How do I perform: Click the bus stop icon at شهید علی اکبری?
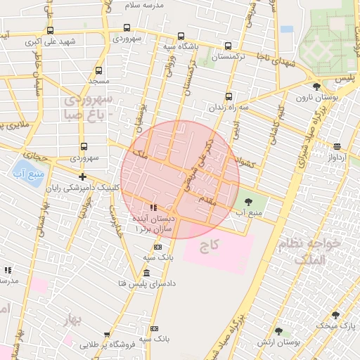click(50, 30)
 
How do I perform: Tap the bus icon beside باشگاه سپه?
click(181, 36)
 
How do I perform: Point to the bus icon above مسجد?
click(98, 70)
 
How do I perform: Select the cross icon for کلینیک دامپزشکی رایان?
click(83, 176)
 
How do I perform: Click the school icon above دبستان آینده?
click(153, 207)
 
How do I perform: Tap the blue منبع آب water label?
click(29, 174)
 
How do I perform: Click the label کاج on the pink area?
click(210, 245)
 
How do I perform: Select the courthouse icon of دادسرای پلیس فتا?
click(146, 273)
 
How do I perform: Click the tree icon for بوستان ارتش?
click(278, 330)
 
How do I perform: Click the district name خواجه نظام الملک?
click(309, 250)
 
